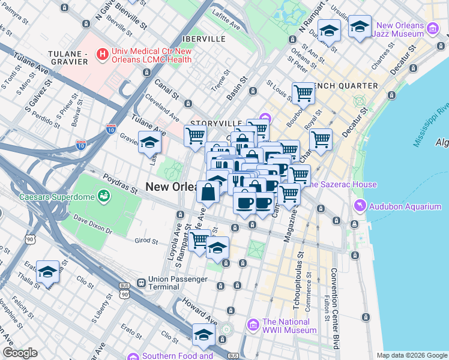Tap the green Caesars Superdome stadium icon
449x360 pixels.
pyautogui.click(x=104, y=196)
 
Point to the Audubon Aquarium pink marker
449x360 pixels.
pyautogui.click(x=359, y=206)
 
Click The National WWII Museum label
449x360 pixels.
pyautogui.click(x=289, y=326)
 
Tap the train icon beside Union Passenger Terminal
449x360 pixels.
pyautogui.click(x=140, y=283)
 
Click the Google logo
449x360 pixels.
pyautogui.click(x=20, y=353)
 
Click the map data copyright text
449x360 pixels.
pyautogui.click(x=411, y=355)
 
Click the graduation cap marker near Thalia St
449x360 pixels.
pyautogui.click(x=47, y=272)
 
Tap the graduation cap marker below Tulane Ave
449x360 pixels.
pyautogui.click(x=149, y=143)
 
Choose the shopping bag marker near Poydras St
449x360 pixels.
pyautogui.click(x=208, y=193)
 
